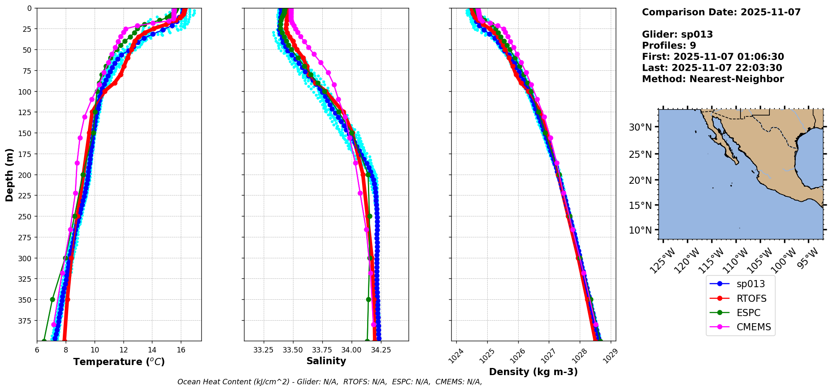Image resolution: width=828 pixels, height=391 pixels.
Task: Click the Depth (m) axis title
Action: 9,175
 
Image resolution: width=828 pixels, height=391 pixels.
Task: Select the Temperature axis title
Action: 119,362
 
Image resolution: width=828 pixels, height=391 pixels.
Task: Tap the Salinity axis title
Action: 326,361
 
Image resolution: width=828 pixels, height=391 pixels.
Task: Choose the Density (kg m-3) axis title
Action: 533,372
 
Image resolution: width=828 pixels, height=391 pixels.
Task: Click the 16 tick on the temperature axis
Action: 181,350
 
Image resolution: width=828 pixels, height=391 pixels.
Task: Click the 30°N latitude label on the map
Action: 640,127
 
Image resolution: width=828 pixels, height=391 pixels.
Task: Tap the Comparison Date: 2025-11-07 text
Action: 721,12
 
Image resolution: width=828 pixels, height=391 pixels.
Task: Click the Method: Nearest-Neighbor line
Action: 712,79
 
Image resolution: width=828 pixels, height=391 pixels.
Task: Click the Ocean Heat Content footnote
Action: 329,382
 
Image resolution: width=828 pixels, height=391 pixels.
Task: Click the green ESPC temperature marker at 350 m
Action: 53,299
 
